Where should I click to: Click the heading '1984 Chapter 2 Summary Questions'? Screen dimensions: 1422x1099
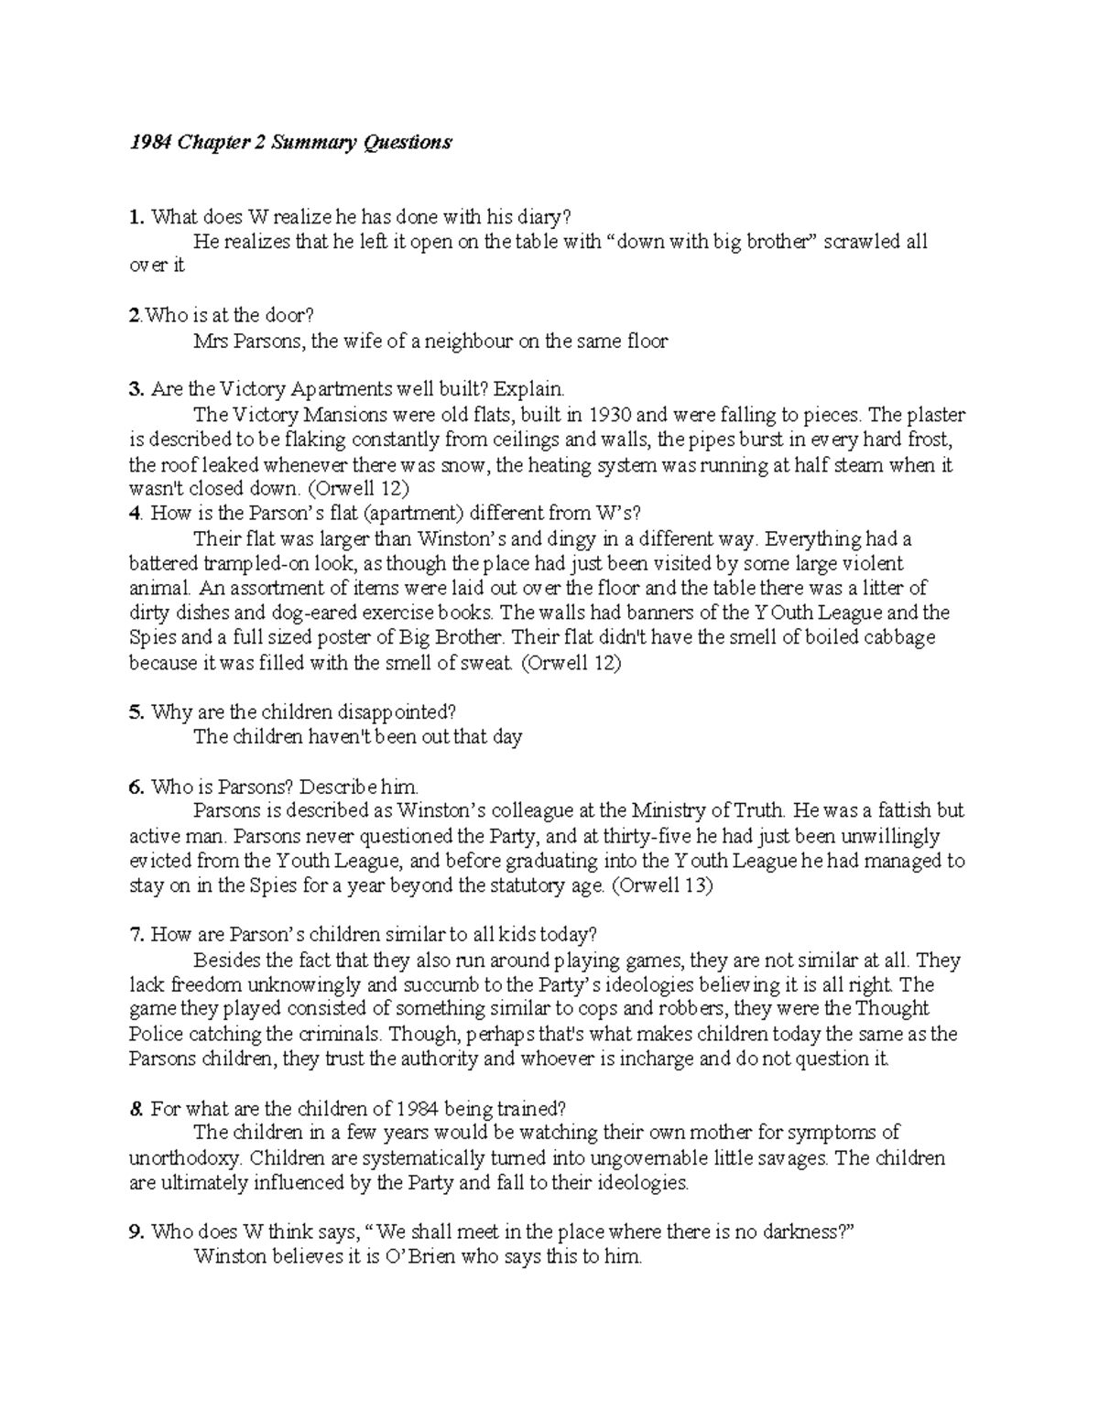(290, 142)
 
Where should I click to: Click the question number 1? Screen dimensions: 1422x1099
(136, 217)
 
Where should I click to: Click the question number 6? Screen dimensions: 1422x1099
(136, 787)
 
